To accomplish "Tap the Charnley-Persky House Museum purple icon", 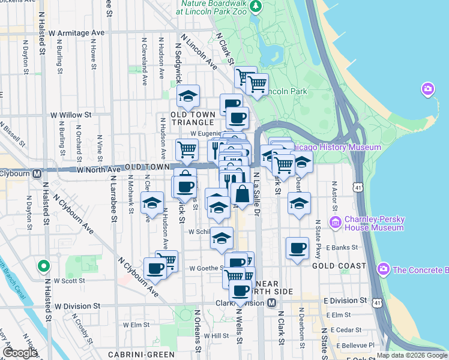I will click(336, 223).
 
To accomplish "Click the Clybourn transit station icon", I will click(36, 174).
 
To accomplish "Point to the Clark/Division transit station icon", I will click(271, 303).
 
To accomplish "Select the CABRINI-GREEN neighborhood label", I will click(133, 354).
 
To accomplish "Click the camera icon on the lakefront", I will click(427, 89).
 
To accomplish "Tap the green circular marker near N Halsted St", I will click(43, 265).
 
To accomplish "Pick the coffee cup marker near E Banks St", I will click(297, 248).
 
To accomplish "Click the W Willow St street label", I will click(70, 114).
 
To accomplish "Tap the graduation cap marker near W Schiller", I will click(221, 238).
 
